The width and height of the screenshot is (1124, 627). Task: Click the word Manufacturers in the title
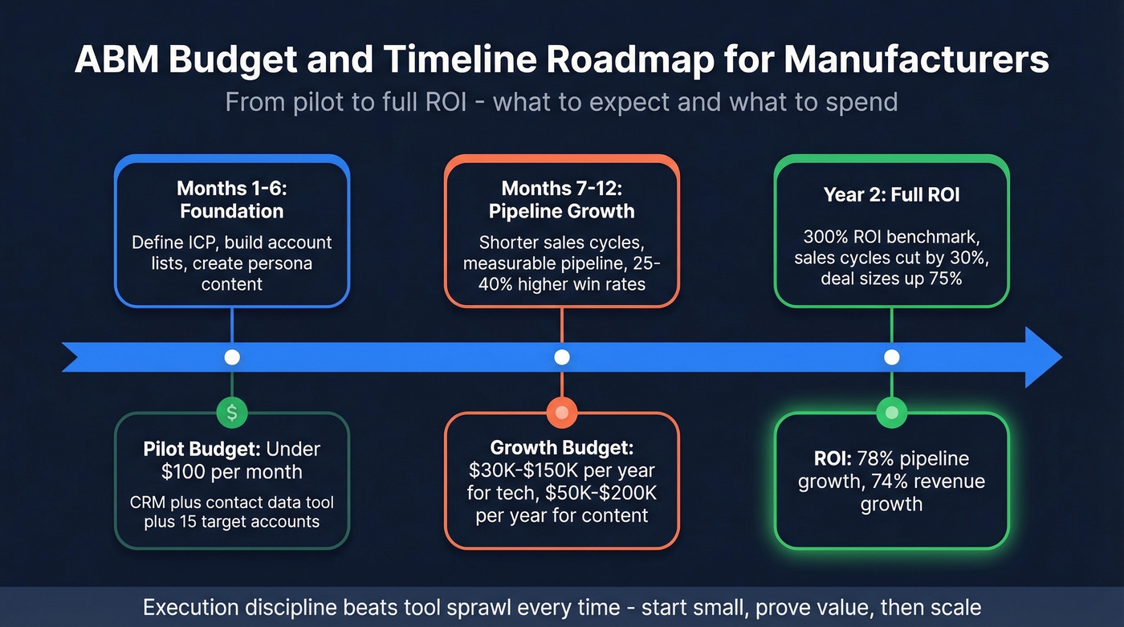pyautogui.click(x=916, y=61)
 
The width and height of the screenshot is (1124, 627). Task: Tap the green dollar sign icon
pyautogui.click(x=232, y=413)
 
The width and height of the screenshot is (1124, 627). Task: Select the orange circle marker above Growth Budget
pyautogui.click(x=561, y=413)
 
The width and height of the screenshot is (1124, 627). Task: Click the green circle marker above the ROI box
pyautogui.click(x=891, y=413)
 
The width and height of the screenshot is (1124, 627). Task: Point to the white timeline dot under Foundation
pyautogui.click(x=232, y=357)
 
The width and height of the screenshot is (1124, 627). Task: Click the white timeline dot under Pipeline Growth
pyautogui.click(x=562, y=357)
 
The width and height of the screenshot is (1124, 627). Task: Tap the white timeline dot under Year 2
pyautogui.click(x=891, y=357)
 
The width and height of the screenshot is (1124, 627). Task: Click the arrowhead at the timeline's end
pyautogui.click(x=1044, y=357)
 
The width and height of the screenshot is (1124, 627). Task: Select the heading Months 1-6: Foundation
pyautogui.click(x=231, y=200)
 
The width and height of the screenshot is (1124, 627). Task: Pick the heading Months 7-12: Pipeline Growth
pyautogui.click(x=562, y=200)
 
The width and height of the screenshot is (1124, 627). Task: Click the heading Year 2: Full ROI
pyautogui.click(x=891, y=194)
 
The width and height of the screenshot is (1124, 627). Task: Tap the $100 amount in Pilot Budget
pyautogui.click(x=186, y=472)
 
